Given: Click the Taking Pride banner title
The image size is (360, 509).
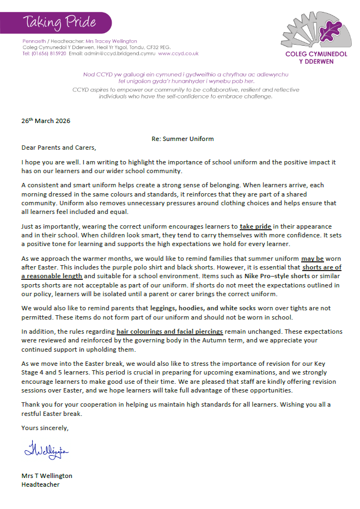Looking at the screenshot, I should [x=59, y=22].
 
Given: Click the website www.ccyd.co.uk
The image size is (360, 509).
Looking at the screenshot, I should [x=178, y=54].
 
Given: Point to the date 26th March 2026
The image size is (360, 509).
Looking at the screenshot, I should [x=46, y=121].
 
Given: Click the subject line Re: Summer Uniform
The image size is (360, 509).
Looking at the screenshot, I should [x=182, y=139].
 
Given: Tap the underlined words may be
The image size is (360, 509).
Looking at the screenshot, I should [x=312, y=259].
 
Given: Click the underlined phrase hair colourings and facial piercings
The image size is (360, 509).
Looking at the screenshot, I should [x=169, y=332].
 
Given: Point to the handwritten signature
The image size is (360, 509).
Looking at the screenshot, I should [x=46, y=451].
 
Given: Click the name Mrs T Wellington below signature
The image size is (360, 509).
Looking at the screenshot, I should [x=47, y=475].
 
